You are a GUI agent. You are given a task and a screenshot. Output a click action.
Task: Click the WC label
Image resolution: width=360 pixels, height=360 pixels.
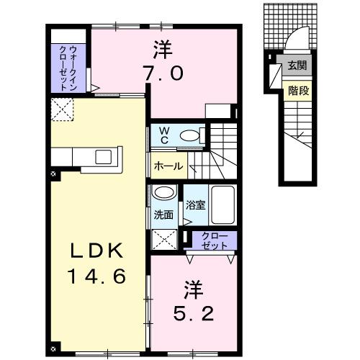pyautogui.click(x=163, y=135)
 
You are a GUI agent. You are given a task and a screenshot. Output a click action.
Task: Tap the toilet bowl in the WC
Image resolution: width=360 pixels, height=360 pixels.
pyautogui.click(x=190, y=135)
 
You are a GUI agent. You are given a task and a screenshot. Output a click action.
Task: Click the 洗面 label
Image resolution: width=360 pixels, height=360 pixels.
pyautogui.click(x=163, y=214)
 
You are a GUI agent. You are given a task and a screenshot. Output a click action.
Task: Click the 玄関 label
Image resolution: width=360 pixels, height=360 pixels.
pyautogui.click(x=297, y=66)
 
